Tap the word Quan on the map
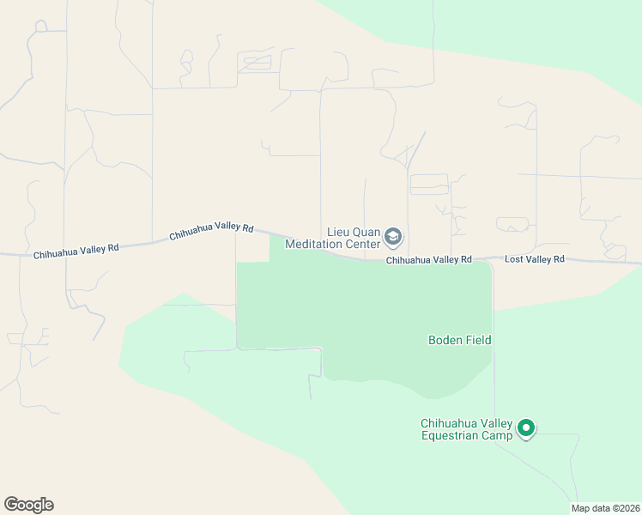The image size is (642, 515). tap(366, 232)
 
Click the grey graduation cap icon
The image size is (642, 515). tap(393, 236)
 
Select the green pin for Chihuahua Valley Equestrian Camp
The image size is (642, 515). tap(526, 427)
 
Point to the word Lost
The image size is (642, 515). tap(514, 259)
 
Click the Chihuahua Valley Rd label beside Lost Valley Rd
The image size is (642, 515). tap(428, 259)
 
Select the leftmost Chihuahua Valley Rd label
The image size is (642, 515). tap(76, 251)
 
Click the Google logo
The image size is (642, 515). tap(28, 505)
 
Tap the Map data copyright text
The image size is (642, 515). tap(605, 508)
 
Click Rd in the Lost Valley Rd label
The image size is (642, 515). tap(558, 259)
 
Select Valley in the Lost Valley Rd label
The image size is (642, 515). tap(537, 259)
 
